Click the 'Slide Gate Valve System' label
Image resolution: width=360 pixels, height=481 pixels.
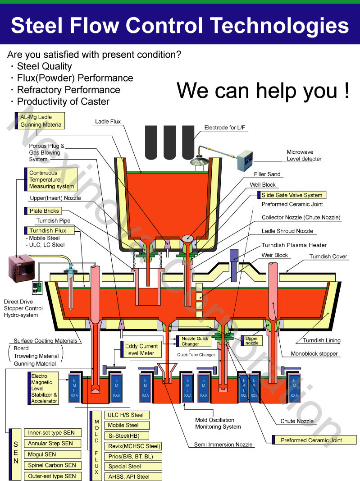(x=292, y=195)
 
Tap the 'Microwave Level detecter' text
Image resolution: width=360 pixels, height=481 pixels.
(x=304, y=156)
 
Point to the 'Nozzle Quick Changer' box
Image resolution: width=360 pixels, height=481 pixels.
(x=194, y=341)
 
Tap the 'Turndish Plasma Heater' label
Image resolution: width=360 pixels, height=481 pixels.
(x=294, y=245)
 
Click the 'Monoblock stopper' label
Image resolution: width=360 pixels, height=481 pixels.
(x=314, y=354)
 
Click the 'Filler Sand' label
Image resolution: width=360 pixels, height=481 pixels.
(x=267, y=174)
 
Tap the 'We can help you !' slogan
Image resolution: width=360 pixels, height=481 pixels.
(x=263, y=90)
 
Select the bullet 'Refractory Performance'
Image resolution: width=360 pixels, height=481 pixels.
(x=68, y=90)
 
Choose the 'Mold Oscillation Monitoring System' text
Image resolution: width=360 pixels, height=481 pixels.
(x=218, y=423)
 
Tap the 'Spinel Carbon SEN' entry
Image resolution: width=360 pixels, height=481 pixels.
(x=52, y=465)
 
